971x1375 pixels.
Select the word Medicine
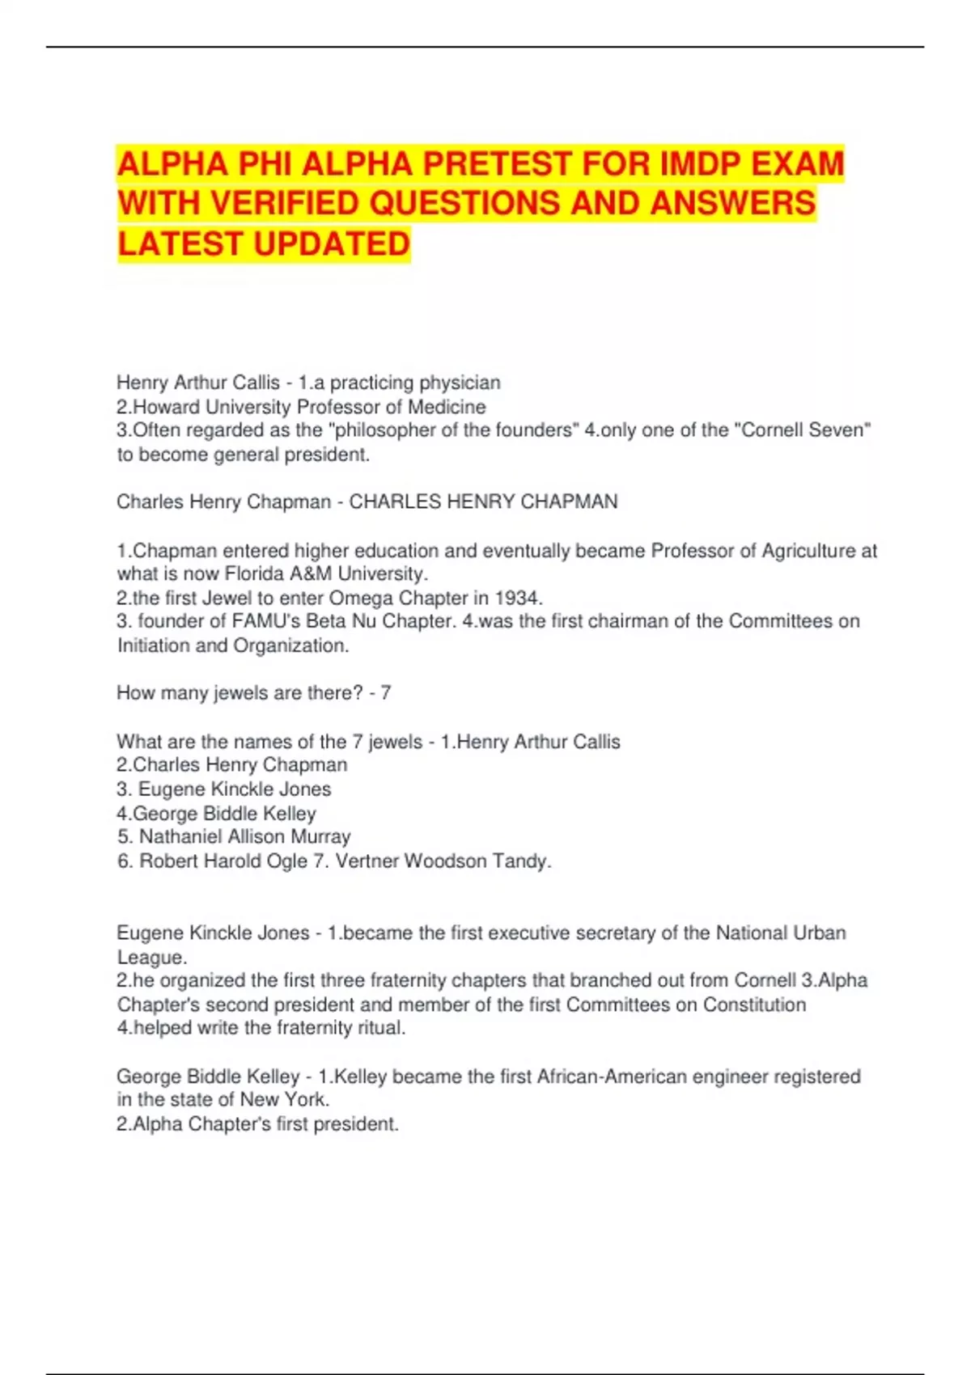click(x=447, y=407)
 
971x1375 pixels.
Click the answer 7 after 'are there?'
click(x=386, y=693)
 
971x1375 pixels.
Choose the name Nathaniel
click(x=180, y=837)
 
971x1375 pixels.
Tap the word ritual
click(x=380, y=1028)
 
